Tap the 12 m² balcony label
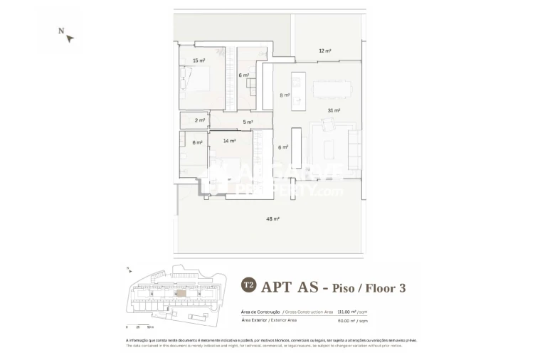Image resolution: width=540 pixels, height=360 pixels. click(x=325, y=51)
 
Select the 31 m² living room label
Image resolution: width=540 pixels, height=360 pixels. click(x=334, y=110)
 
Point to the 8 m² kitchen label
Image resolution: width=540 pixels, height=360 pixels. click(x=284, y=95)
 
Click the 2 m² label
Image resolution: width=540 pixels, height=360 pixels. click(x=200, y=120)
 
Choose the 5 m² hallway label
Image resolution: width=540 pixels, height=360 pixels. click(x=248, y=122)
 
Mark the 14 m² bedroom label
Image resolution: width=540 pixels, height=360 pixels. click(x=229, y=141)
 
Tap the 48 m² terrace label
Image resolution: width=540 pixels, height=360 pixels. click(x=273, y=219)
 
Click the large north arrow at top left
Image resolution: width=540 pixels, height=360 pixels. click(x=67, y=35)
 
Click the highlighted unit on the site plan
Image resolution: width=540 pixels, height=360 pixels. click(x=181, y=293)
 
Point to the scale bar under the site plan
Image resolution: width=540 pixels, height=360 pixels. click(x=139, y=324)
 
